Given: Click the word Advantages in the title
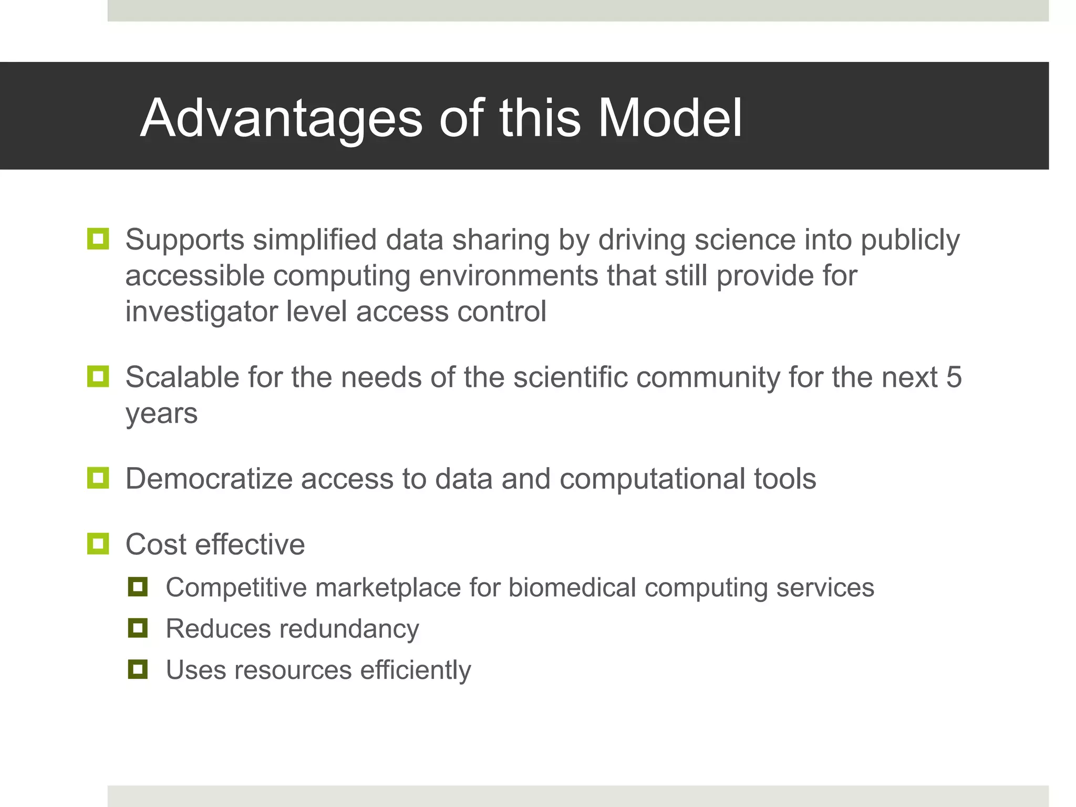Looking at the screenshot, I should pos(281,119).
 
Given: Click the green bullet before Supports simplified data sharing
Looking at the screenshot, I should pos(98,239).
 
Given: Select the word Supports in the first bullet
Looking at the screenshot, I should pos(185,241).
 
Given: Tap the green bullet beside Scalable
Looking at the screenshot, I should pos(98,377).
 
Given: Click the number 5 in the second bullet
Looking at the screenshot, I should pos(954,377).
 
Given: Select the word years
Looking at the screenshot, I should pos(161,414).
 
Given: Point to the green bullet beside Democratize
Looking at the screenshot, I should pos(98,478).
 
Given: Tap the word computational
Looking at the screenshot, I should pos(652,479).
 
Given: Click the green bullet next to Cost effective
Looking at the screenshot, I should pos(98,544).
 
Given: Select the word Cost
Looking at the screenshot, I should pos(156,544).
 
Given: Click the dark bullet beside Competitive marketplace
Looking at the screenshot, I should pos(138,587).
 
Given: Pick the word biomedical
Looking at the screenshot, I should pos(572,587).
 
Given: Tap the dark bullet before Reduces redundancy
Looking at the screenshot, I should pos(138,628).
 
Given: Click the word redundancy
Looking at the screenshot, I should pos(349,629).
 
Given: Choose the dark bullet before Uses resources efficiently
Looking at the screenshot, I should pos(138,669).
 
